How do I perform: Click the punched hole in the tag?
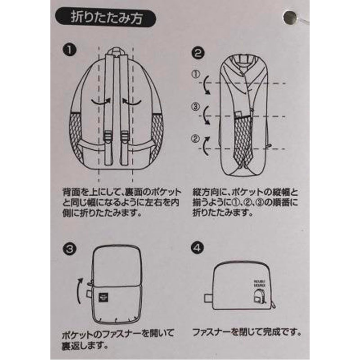291,18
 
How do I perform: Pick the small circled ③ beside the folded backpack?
195,107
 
